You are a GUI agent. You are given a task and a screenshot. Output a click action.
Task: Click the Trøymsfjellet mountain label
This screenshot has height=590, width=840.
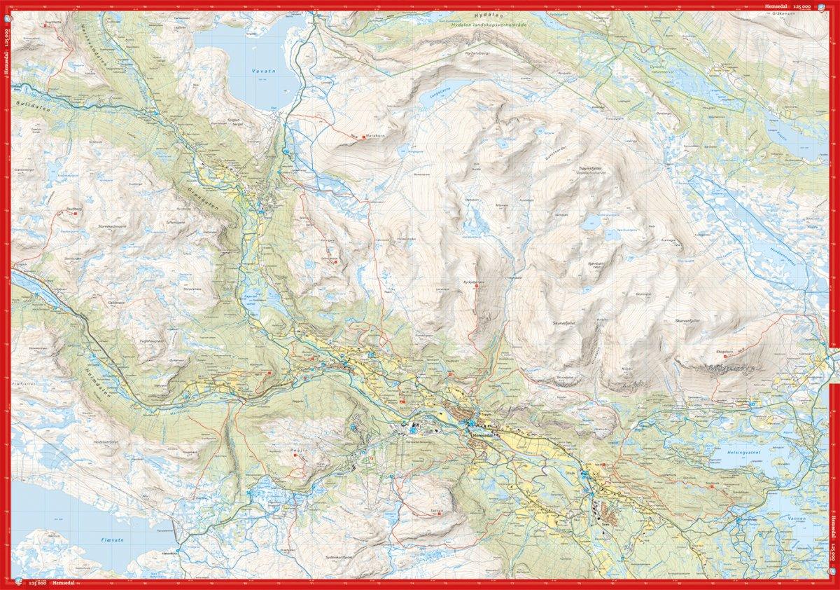594,169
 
